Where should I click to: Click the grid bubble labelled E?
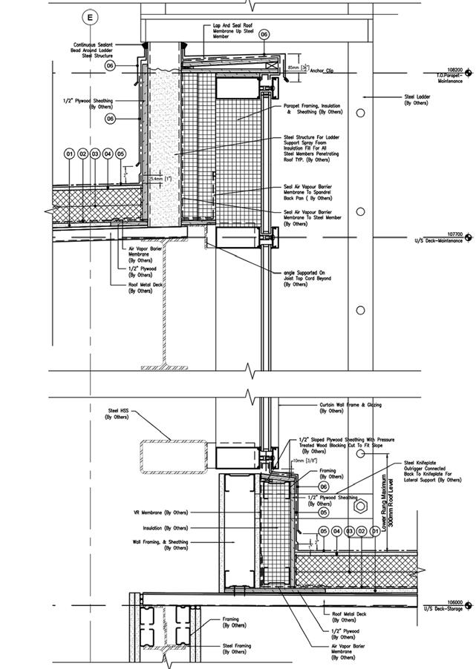(x=91, y=16)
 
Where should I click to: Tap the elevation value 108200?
(x=452, y=70)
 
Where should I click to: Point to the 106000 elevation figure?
(x=452, y=602)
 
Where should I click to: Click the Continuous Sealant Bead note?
(x=93, y=49)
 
